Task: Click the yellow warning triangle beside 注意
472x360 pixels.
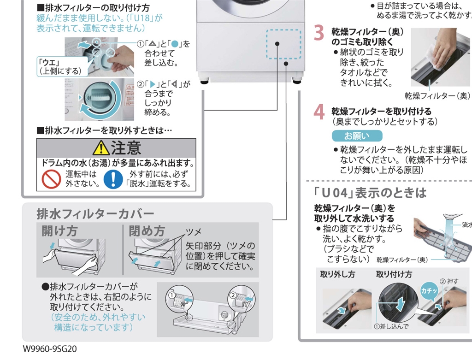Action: click(x=100, y=148)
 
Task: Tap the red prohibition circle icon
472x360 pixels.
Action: click(x=51, y=179)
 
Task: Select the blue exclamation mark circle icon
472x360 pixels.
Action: click(x=113, y=179)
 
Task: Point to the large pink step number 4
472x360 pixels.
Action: click(x=319, y=112)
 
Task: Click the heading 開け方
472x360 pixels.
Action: click(x=59, y=231)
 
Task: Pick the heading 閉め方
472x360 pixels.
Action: click(x=147, y=231)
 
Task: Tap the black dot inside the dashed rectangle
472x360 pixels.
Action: click(x=278, y=44)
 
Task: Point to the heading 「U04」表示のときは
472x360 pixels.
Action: click(x=371, y=192)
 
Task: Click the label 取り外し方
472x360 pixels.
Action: click(x=337, y=274)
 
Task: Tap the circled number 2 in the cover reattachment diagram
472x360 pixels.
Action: click(x=233, y=294)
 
